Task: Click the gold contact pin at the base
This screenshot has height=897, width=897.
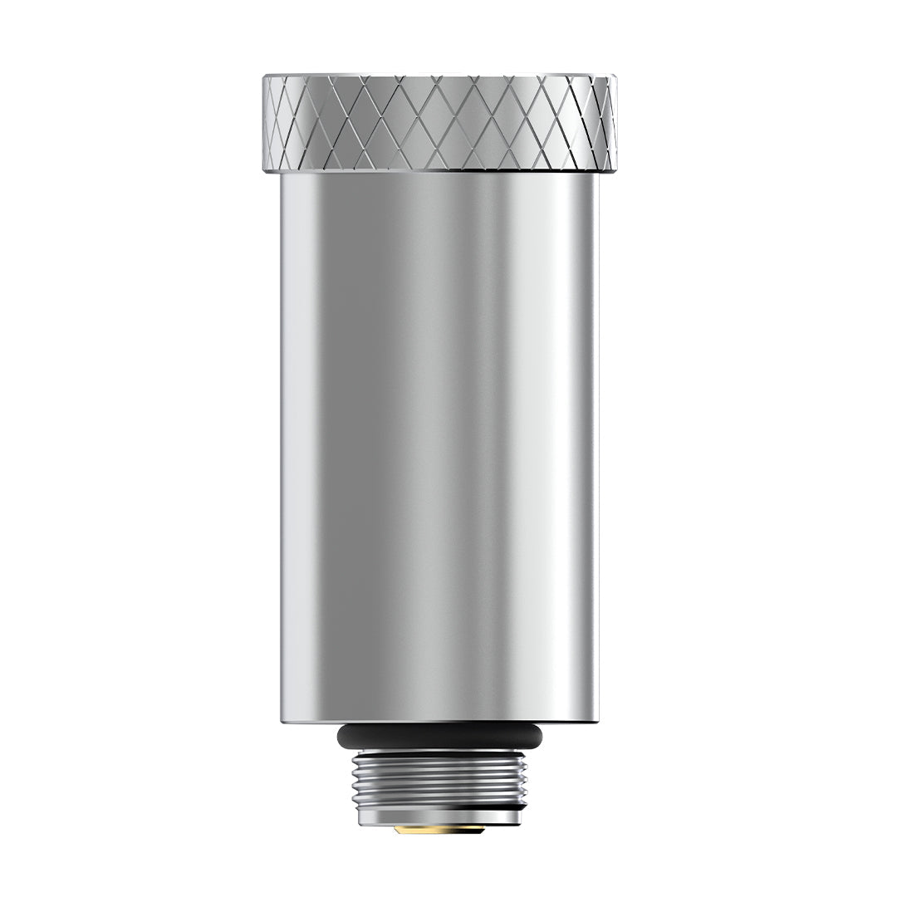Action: tap(439, 829)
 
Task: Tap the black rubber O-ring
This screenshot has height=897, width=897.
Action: tap(439, 736)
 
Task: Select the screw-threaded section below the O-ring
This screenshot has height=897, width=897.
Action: tap(439, 781)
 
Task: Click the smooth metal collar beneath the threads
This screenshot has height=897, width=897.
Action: tap(439, 817)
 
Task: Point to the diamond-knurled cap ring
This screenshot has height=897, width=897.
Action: tap(439, 123)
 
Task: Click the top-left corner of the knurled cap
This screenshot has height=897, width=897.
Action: tap(266, 77)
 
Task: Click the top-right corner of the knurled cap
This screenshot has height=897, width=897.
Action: tap(614, 77)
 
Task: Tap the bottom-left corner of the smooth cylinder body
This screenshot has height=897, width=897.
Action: tap(283, 721)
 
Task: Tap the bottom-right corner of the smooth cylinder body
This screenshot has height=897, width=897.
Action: tap(596, 721)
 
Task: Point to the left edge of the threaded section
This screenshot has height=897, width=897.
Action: tap(354, 781)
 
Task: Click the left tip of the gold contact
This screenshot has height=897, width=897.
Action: tap(396, 828)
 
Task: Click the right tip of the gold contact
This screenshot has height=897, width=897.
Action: tap(483, 828)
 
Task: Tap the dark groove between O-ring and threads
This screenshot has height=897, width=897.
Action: tap(439, 750)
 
